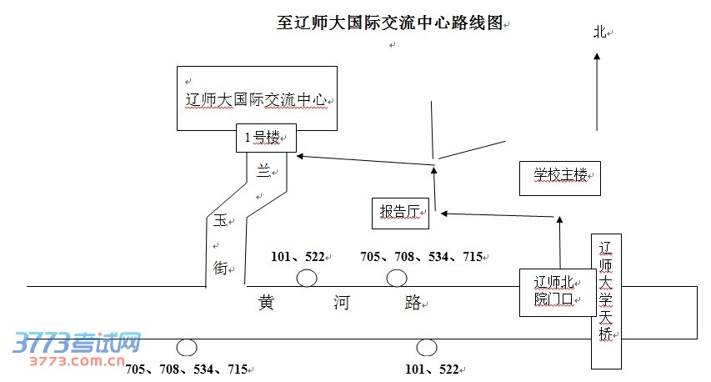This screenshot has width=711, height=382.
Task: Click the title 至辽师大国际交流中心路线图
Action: [390, 23]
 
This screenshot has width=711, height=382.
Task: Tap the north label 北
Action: [598, 33]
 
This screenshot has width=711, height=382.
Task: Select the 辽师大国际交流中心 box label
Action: [258, 101]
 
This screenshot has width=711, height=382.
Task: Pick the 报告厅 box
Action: [399, 212]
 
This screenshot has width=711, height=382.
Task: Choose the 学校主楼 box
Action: [560, 175]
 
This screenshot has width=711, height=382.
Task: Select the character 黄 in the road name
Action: [267, 303]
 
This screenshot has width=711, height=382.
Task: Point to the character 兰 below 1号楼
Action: [263, 172]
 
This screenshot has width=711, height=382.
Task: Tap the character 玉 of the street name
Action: [219, 221]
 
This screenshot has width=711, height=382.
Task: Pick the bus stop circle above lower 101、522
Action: [427, 347]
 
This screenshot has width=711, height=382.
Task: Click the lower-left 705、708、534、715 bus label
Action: [186, 369]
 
